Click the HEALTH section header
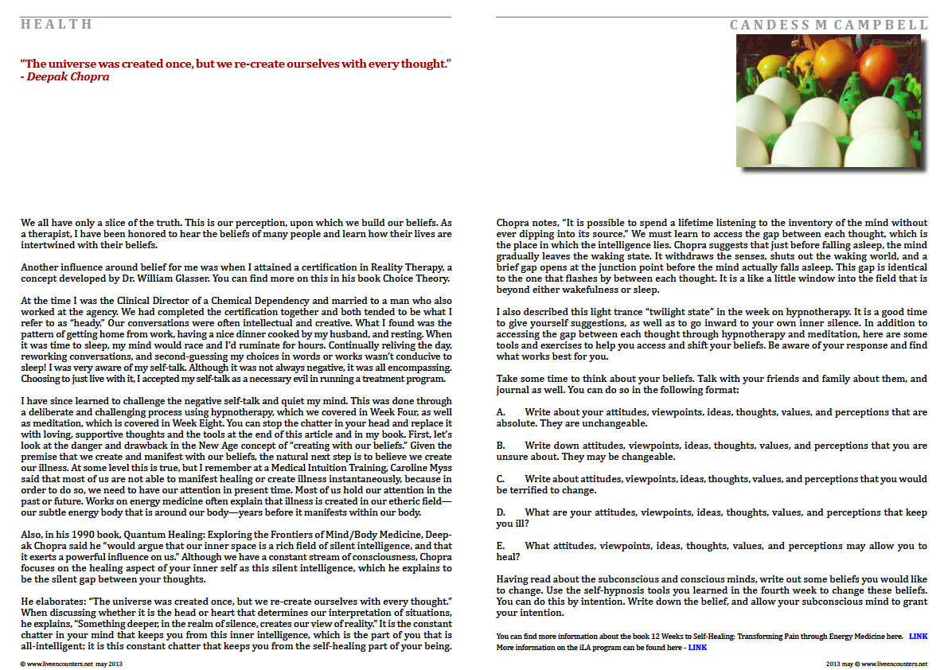(x=57, y=25)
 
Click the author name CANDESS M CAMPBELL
(x=829, y=25)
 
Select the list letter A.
(x=501, y=413)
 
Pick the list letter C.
(x=501, y=479)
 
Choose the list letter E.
(x=501, y=546)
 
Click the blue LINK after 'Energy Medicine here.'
(x=918, y=637)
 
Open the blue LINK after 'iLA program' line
(x=697, y=648)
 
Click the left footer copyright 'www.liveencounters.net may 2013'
(x=70, y=663)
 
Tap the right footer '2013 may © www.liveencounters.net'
(x=876, y=663)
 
